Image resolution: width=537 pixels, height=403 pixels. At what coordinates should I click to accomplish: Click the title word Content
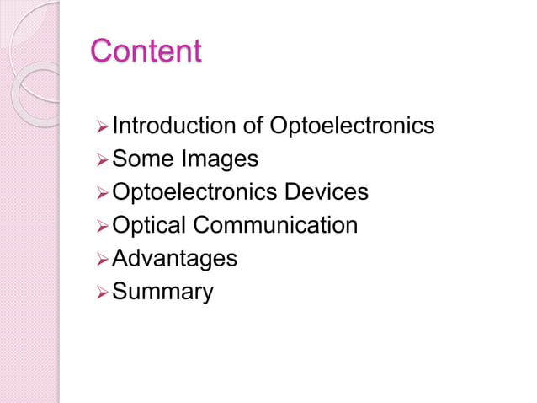coord(146,51)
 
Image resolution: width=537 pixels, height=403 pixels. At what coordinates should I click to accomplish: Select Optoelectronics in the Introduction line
coord(353,126)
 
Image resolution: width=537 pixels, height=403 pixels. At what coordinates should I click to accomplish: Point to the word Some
coord(140,159)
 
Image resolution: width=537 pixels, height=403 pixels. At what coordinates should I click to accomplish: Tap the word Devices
coord(327,192)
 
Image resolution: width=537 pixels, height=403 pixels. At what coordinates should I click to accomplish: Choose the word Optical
coord(149,226)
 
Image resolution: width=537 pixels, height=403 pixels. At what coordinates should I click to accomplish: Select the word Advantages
coord(174,259)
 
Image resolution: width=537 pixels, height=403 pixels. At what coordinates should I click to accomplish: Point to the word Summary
coord(162,292)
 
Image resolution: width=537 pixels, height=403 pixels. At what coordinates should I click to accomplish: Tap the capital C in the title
coord(101,51)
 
